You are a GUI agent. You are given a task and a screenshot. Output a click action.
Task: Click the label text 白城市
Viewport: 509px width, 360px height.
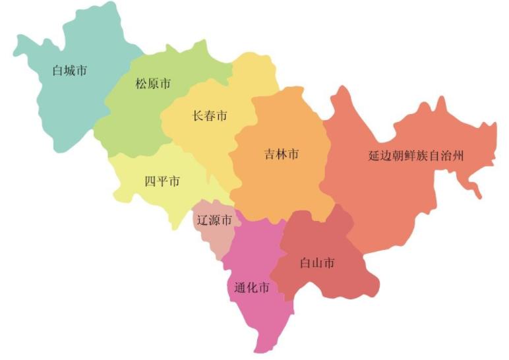(x=69, y=70)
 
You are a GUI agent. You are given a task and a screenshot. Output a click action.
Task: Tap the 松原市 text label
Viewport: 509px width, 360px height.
(x=153, y=84)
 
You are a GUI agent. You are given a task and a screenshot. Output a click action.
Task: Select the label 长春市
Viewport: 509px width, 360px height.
(x=210, y=116)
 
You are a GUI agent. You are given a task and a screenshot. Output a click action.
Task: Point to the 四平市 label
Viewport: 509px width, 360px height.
(x=162, y=181)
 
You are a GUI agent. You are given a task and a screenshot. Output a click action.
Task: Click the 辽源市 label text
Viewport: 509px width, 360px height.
(x=214, y=220)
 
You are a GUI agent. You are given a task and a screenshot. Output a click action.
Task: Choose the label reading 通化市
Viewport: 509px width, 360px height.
(x=251, y=287)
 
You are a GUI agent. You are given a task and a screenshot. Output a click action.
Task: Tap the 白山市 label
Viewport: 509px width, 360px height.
(x=316, y=263)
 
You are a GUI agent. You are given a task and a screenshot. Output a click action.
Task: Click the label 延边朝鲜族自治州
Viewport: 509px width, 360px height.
(x=416, y=156)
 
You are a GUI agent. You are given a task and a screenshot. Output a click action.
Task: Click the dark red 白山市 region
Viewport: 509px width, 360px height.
(x=330, y=284)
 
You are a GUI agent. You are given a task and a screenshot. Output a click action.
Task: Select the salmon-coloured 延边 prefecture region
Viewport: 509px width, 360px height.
(x=396, y=198)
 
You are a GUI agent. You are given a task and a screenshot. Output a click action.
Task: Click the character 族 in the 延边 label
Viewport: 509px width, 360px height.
(x=422, y=156)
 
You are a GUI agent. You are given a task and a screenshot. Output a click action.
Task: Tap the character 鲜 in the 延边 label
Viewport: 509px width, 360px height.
(x=410, y=156)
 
